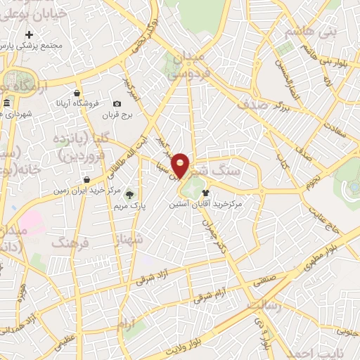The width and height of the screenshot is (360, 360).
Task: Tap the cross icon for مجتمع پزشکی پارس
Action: point(29,34)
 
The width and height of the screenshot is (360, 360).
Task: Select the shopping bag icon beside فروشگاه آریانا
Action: point(76,93)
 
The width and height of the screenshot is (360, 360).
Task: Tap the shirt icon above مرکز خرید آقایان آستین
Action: point(205,192)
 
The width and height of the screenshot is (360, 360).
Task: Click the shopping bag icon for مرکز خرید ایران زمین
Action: point(86,179)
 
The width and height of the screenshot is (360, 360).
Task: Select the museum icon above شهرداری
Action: point(7,103)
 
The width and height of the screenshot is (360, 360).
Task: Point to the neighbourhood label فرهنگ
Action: point(69,243)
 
